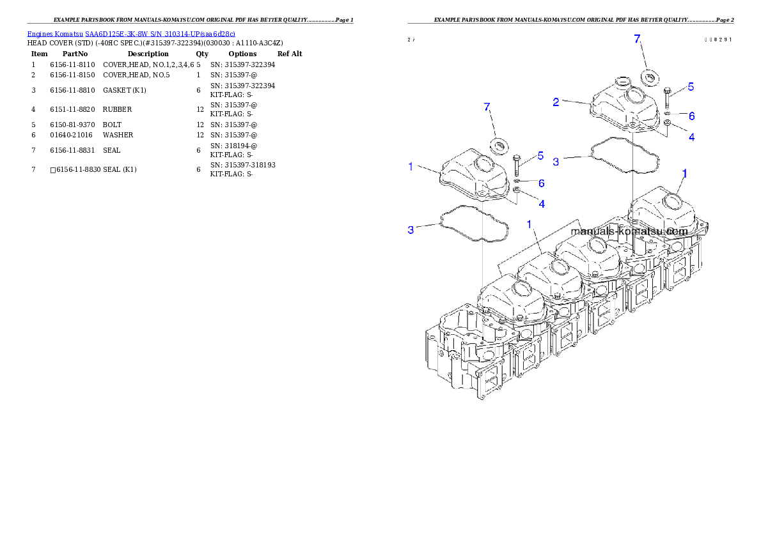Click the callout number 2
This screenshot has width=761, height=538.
tap(556, 102)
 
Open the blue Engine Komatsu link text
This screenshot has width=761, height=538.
tap(131, 33)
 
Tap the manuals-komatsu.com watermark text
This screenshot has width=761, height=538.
tap(629, 231)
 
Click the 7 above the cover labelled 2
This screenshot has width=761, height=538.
tap(637, 39)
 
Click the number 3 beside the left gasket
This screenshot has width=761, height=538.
tap(411, 229)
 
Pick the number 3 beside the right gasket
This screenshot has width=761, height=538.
tap(556, 162)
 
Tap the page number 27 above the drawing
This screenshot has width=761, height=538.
tap(411, 40)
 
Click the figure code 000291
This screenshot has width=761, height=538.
tap(718, 40)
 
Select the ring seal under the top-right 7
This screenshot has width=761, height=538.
tap(650, 78)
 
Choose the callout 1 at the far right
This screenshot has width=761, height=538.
tap(685, 173)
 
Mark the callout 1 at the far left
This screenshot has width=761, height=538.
tap(411, 167)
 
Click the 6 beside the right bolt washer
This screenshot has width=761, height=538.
tap(691, 116)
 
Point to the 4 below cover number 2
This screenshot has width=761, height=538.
tap(691, 137)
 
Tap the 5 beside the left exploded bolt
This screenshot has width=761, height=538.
tap(540, 155)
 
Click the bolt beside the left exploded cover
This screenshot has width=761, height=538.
tap(517, 165)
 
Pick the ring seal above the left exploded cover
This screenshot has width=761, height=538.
tap(499, 144)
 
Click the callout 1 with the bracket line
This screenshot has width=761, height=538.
tap(530, 224)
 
